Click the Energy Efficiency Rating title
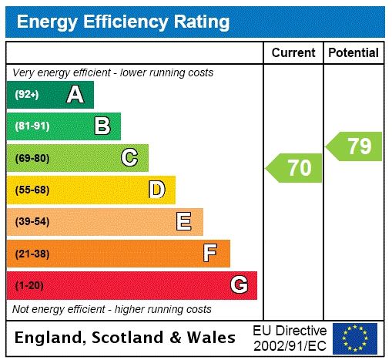coord(123,22)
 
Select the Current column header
coord(293,53)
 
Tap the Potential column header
coord(353,53)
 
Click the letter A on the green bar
coord(75,95)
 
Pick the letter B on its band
coord(102,126)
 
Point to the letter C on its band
coord(129,158)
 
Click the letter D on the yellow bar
coord(156,190)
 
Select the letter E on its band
coord(184,222)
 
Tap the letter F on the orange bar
coord(210,254)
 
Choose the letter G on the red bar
coord(239,285)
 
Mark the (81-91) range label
coord(32,126)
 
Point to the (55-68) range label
coord(32,190)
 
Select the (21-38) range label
coord(32,254)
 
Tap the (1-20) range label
coord(29,286)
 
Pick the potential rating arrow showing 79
coord(354,146)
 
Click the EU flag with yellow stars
coord(355,338)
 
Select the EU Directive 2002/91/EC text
coord(290,338)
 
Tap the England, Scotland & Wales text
coord(126,338)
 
